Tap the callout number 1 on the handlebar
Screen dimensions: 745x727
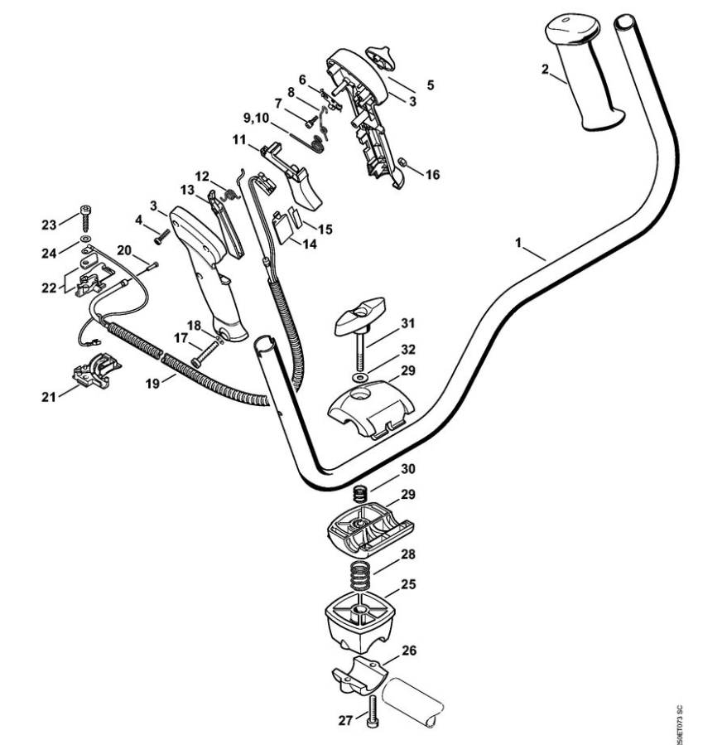tap(519, 244)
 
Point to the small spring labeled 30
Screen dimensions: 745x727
tap(361, 494)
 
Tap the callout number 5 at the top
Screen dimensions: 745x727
tap(430, 85)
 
